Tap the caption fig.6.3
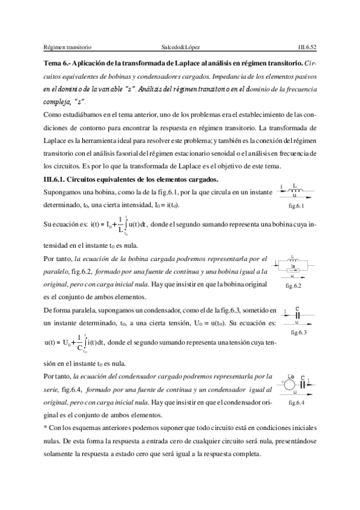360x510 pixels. pyautogui.click(x=298, y=332)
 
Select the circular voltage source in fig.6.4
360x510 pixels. pyautogui.click(x=290, y=382)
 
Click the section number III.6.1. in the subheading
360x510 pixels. pyautogui.click(x=57, y=180)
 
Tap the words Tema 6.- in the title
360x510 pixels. pyautogui.click(x=58, y=62)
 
